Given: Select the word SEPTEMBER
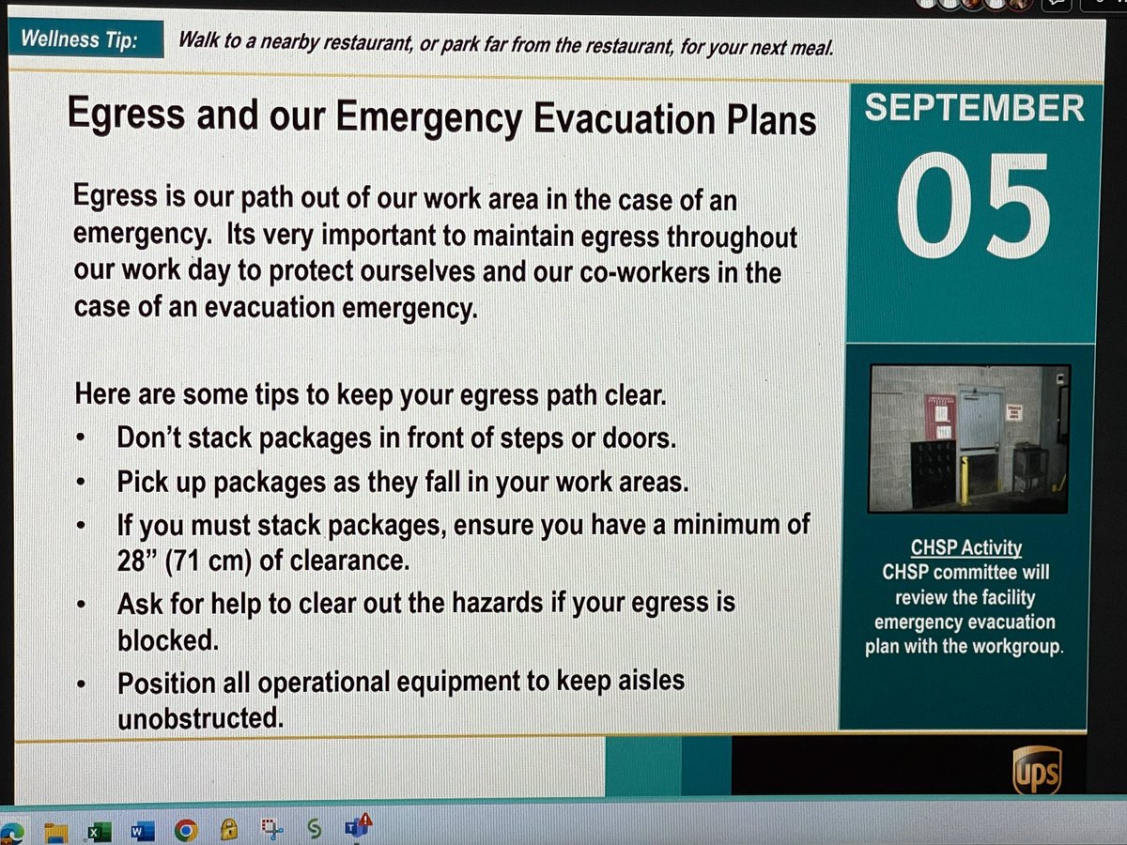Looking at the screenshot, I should pyautogui.click(x=974, y=109).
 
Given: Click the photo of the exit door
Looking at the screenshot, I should pyautogui.click(x=969, y=438).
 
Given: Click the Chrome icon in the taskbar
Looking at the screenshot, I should pyautogui.click(x=185, y=831).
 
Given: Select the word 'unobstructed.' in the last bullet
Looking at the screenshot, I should pyautogui.click(x=199, y=718).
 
